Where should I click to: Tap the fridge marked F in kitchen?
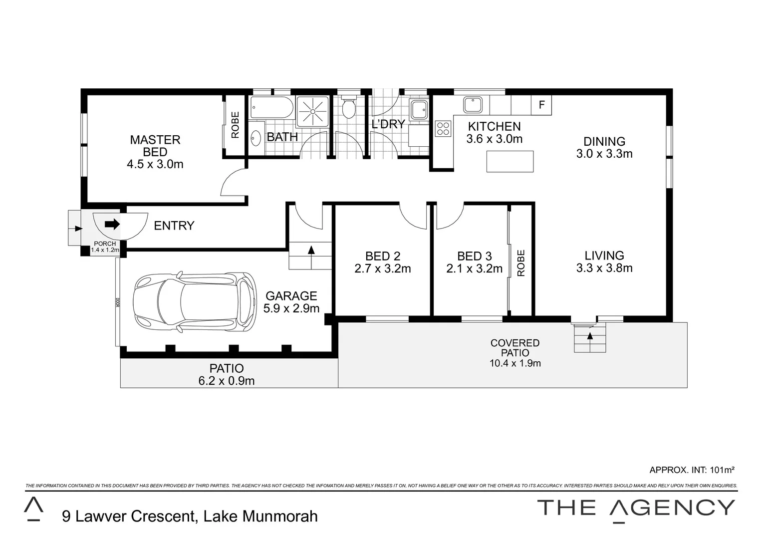point(541,105)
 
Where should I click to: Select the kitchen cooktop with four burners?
point(443,129)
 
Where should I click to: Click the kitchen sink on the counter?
point(472,105)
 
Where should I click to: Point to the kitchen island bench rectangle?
point(509,161)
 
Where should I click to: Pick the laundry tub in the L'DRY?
point(418,109)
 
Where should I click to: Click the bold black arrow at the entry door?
point(112,224)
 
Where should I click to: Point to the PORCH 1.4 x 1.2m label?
point(105,247)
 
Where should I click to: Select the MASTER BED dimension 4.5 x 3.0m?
point(155,164)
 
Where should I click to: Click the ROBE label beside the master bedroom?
point(235,125)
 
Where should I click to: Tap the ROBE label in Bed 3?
point(521,263)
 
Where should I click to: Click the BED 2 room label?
point(383,257)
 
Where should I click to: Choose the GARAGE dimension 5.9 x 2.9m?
point(291,308)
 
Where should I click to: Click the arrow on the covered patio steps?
point(590,336)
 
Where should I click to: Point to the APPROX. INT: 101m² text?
point(692,470)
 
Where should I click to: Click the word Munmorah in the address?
point(280,516)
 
